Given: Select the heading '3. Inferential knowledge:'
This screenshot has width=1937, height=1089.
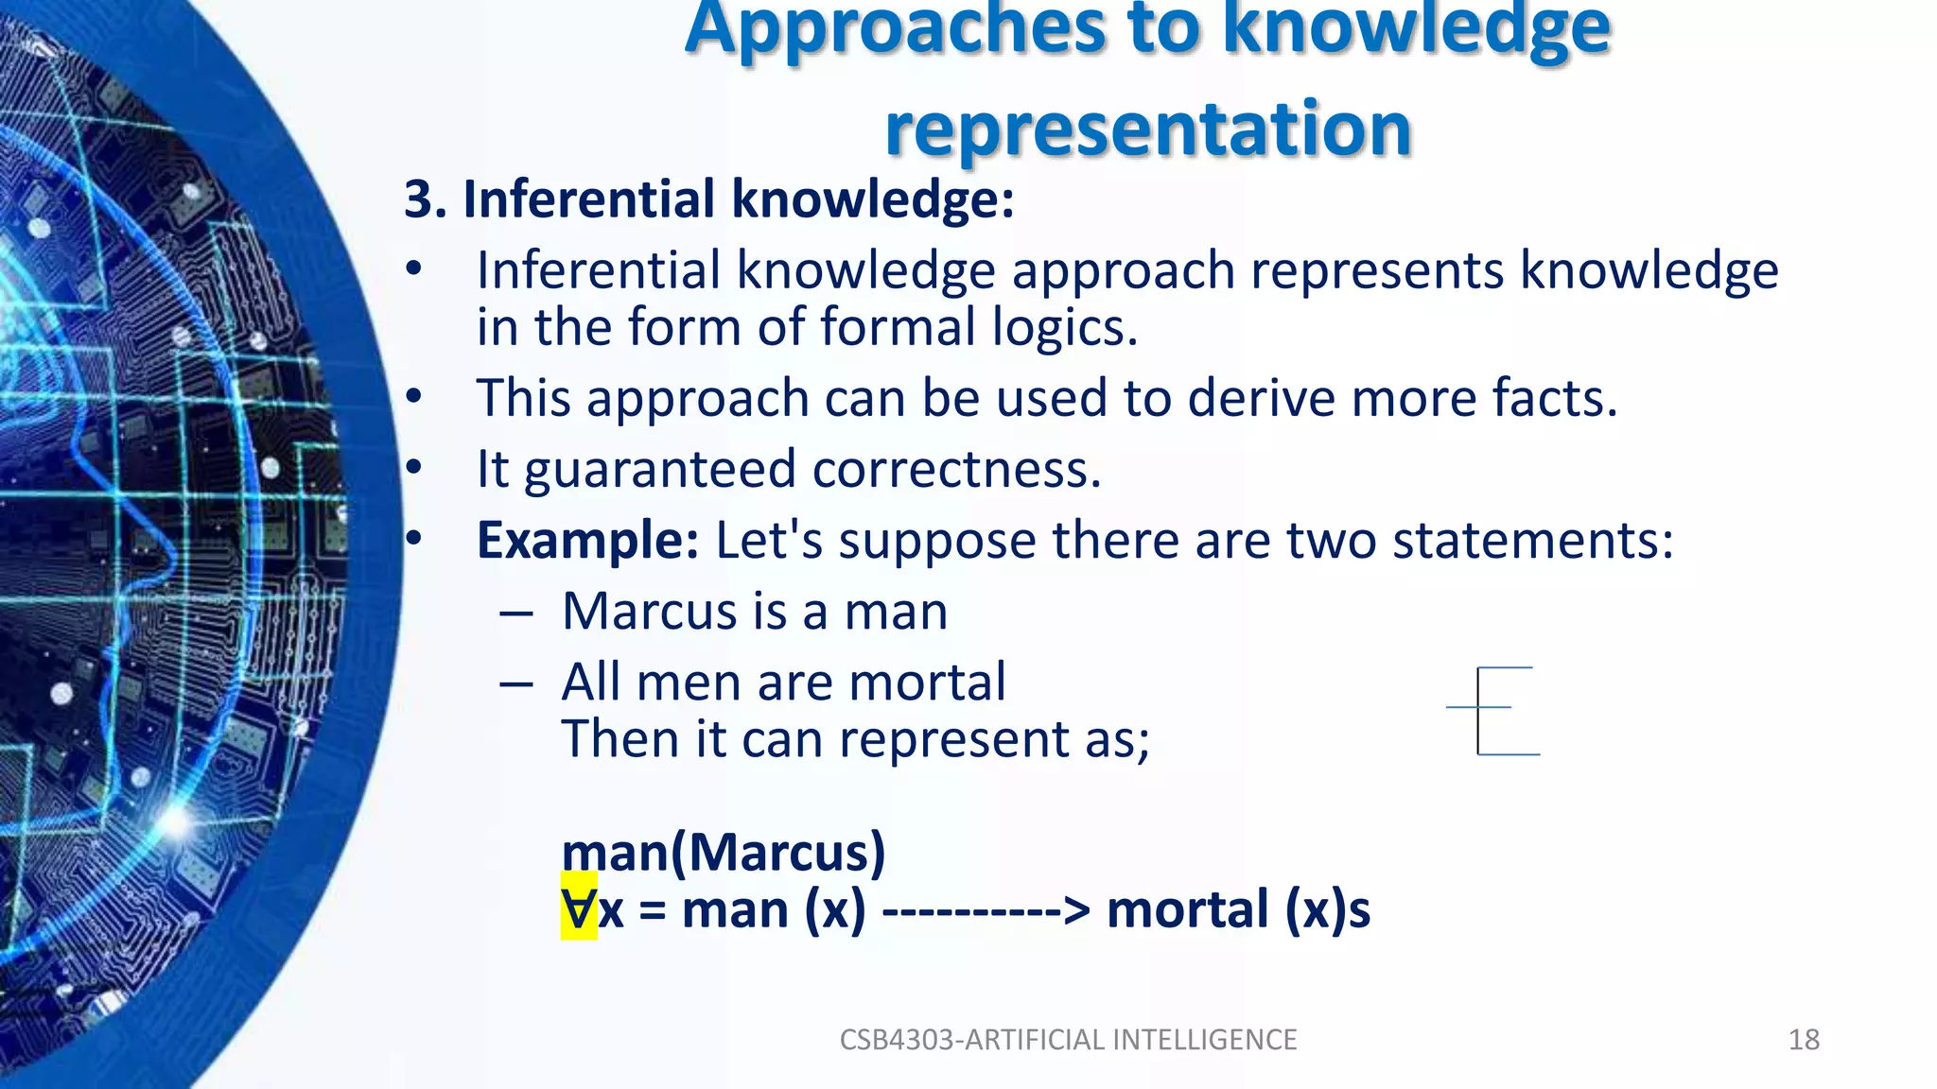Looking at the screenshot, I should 709,199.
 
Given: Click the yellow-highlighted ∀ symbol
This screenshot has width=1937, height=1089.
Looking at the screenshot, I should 579,908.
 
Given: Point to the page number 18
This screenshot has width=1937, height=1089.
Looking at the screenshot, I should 1804,1040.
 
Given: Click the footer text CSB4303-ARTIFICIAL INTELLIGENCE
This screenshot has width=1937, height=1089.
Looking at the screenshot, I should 1068,1040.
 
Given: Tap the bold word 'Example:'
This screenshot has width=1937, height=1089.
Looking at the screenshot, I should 587,541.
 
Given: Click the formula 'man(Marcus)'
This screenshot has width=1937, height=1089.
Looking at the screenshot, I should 724,852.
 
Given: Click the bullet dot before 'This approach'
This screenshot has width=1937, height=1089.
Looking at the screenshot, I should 413,397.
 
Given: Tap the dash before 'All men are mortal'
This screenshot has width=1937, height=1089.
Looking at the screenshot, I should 516,683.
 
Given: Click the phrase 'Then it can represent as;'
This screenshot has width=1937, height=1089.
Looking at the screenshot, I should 855,738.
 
